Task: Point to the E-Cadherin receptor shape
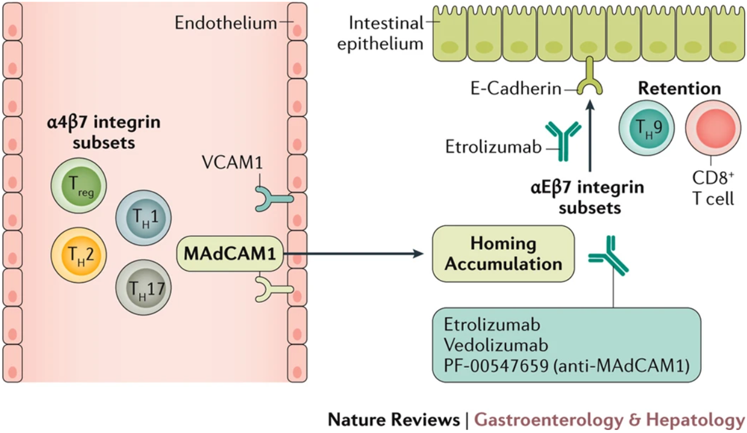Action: [590, 85]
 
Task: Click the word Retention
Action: [679, 89]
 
